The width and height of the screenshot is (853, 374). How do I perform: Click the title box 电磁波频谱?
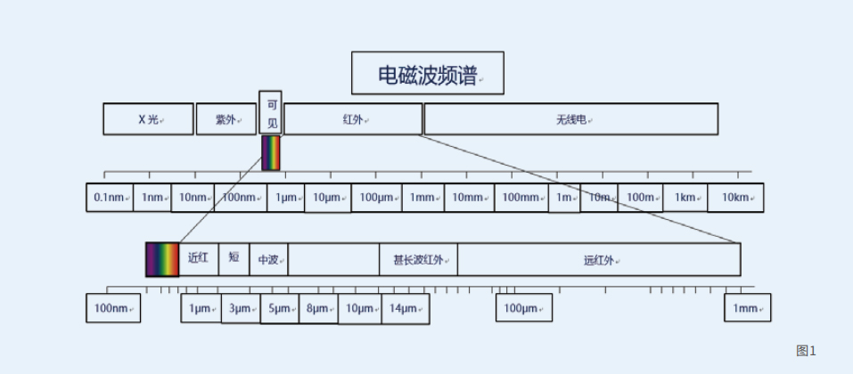click(x=427, y=73)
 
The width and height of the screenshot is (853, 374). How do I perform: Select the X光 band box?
click(x=148, y=119)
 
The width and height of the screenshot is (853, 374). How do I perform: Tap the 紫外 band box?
click(x=226, y=119)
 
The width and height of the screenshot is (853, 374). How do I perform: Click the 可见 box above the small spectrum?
click(x=272, y=113)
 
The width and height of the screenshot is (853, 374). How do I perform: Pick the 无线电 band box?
click(x=570, y=119)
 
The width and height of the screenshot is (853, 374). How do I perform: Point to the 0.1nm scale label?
click(x=109, y=198)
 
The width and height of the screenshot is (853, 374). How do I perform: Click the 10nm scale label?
click(x=193, y=198)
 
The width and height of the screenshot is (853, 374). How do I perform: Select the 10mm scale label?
click(x=469, y=198)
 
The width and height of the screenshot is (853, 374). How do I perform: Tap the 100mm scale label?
click(x=521, y=198)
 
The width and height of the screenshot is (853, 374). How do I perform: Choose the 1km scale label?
click(x=685, y=198)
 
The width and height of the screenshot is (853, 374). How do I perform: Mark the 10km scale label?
click(x=735, y=198)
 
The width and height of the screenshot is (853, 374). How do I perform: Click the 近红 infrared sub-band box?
click(x=198, y=258)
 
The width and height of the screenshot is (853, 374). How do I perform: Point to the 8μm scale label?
click(x=318, y=309)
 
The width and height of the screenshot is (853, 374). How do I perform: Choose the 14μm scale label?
click(x=405, y=309)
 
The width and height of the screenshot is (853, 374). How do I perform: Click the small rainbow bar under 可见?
click(x=271, y=153)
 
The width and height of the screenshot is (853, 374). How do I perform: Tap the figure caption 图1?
click(x=806, y=351)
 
